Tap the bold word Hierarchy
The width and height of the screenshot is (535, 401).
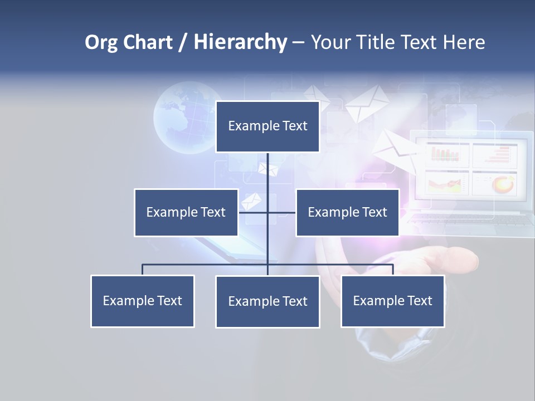240,42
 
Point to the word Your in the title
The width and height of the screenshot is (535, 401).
330,42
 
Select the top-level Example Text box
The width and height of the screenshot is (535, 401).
267,126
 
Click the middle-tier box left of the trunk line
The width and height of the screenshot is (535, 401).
186,212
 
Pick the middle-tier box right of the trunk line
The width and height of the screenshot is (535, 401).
347,212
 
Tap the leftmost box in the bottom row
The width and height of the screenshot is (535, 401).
142,301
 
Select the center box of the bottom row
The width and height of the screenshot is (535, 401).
267,301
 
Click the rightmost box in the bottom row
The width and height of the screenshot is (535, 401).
393,301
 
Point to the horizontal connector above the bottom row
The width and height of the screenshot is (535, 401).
206,265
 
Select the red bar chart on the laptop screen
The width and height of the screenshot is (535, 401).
444,154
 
